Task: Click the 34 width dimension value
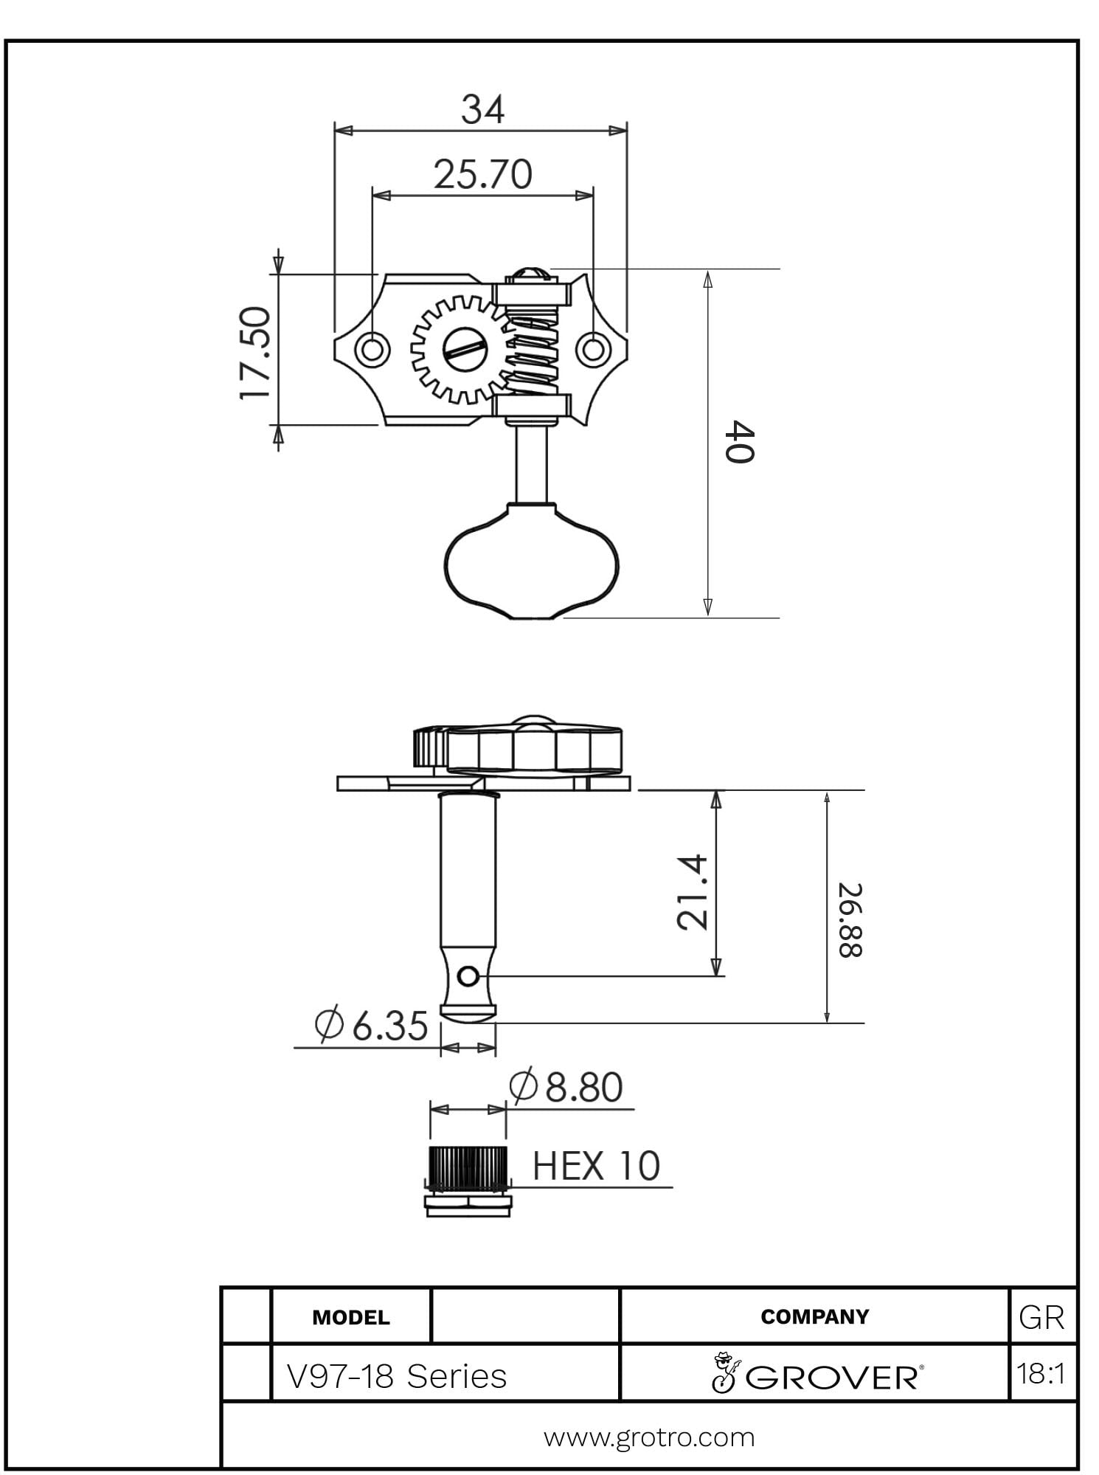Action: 483,109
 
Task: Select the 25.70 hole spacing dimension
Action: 483,175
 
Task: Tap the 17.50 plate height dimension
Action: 256,353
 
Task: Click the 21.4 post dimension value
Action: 693,891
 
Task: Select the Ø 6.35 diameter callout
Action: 371,1025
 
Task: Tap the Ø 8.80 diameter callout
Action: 566,1086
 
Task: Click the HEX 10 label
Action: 596,1166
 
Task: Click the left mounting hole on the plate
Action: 372,348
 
